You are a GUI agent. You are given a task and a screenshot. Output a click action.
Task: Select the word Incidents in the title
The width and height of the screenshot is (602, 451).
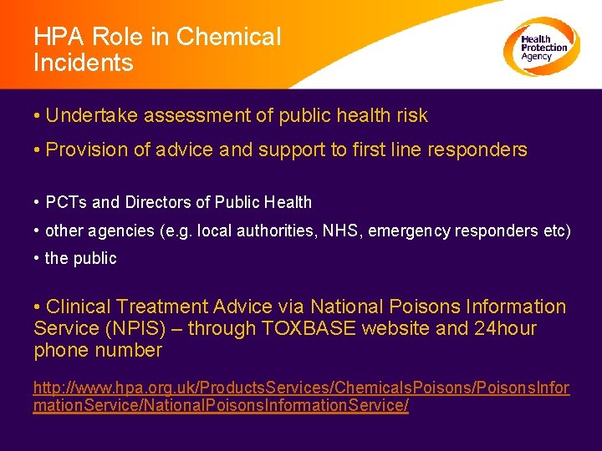(x=84, y=63)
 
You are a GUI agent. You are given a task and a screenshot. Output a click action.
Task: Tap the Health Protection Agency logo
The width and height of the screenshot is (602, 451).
(x=542, y=47)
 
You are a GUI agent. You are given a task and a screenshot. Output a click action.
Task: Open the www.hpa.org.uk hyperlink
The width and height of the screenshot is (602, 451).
(x=301, y=398)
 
